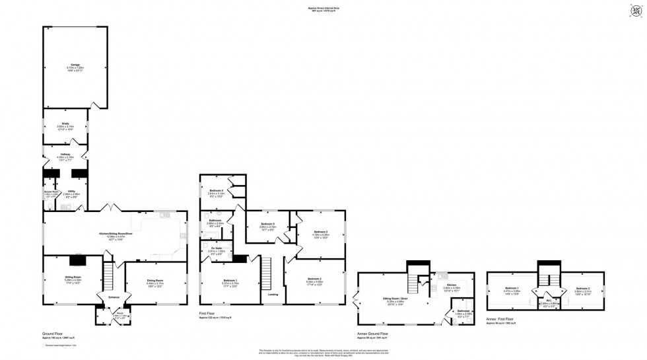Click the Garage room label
pos(75,64)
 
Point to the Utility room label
pos(71,191)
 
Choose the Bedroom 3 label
pos(321,232)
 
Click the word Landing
pos(272,295)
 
